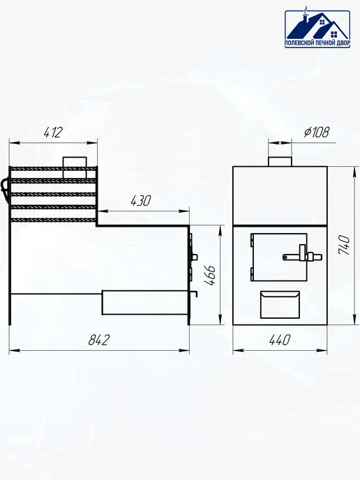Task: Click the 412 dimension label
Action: [53, 132]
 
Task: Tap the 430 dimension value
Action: [141, 201]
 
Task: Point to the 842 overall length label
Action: [99, 340]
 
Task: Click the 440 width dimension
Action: [280, 340]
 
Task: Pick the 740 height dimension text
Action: [344, 245]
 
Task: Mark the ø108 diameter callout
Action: [317, 132]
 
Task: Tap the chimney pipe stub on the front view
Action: [280, 161]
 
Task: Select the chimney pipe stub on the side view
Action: [75, 167]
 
